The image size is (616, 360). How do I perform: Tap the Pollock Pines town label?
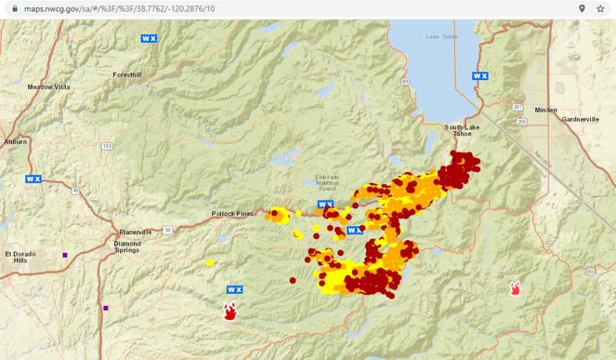pyautogui.click(x=233, y=214)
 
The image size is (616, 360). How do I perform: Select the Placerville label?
pyautogui.click(x=135, y=232)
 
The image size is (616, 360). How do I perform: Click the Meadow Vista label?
pyautogui.click(x=49, y=87)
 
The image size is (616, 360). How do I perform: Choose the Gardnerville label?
pyautogui.click(x=580, y=119)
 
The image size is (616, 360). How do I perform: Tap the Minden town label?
pyautogui.click(x=546, y=110)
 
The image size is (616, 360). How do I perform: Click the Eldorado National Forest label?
pyautogui.click(x=331, y=183)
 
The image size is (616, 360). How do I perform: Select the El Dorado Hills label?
pyautogui.click(x=20, y=257)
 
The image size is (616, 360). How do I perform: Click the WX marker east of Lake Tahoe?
pyautogui.click(x=480, y=76)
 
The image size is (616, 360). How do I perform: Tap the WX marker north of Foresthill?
pyautogui.click(x=149, y=38)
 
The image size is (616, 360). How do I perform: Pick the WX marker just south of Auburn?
pyautogui.click(x=33, y=179)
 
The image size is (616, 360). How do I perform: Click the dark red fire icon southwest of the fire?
pyautogui.click(x=229, y=311)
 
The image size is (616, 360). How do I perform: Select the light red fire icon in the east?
pyautogui.click(x=515, y=288)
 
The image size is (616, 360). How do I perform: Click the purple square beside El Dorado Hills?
pyautogui.click(x=65, y=255)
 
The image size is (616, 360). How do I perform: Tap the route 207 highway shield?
pyautogui.click(x=517, y=107)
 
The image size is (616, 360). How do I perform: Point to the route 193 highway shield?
pyautogui.click(x=107, y=146)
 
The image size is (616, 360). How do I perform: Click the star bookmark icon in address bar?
pyautogui.click(x=600, y=8)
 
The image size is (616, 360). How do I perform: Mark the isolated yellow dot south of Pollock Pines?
pyautogui.click(x=209, y=262)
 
